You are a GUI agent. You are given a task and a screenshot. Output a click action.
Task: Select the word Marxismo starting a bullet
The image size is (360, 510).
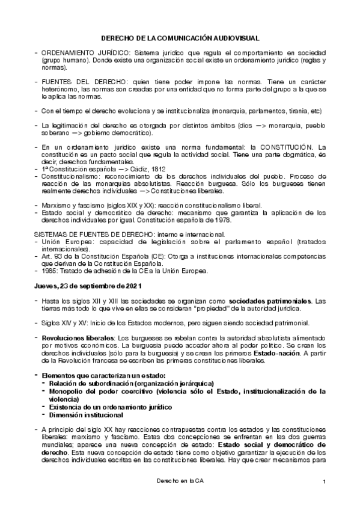[x=56, y=206]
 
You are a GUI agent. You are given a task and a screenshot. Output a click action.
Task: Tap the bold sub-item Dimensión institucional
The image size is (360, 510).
[x=87, y=415]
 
